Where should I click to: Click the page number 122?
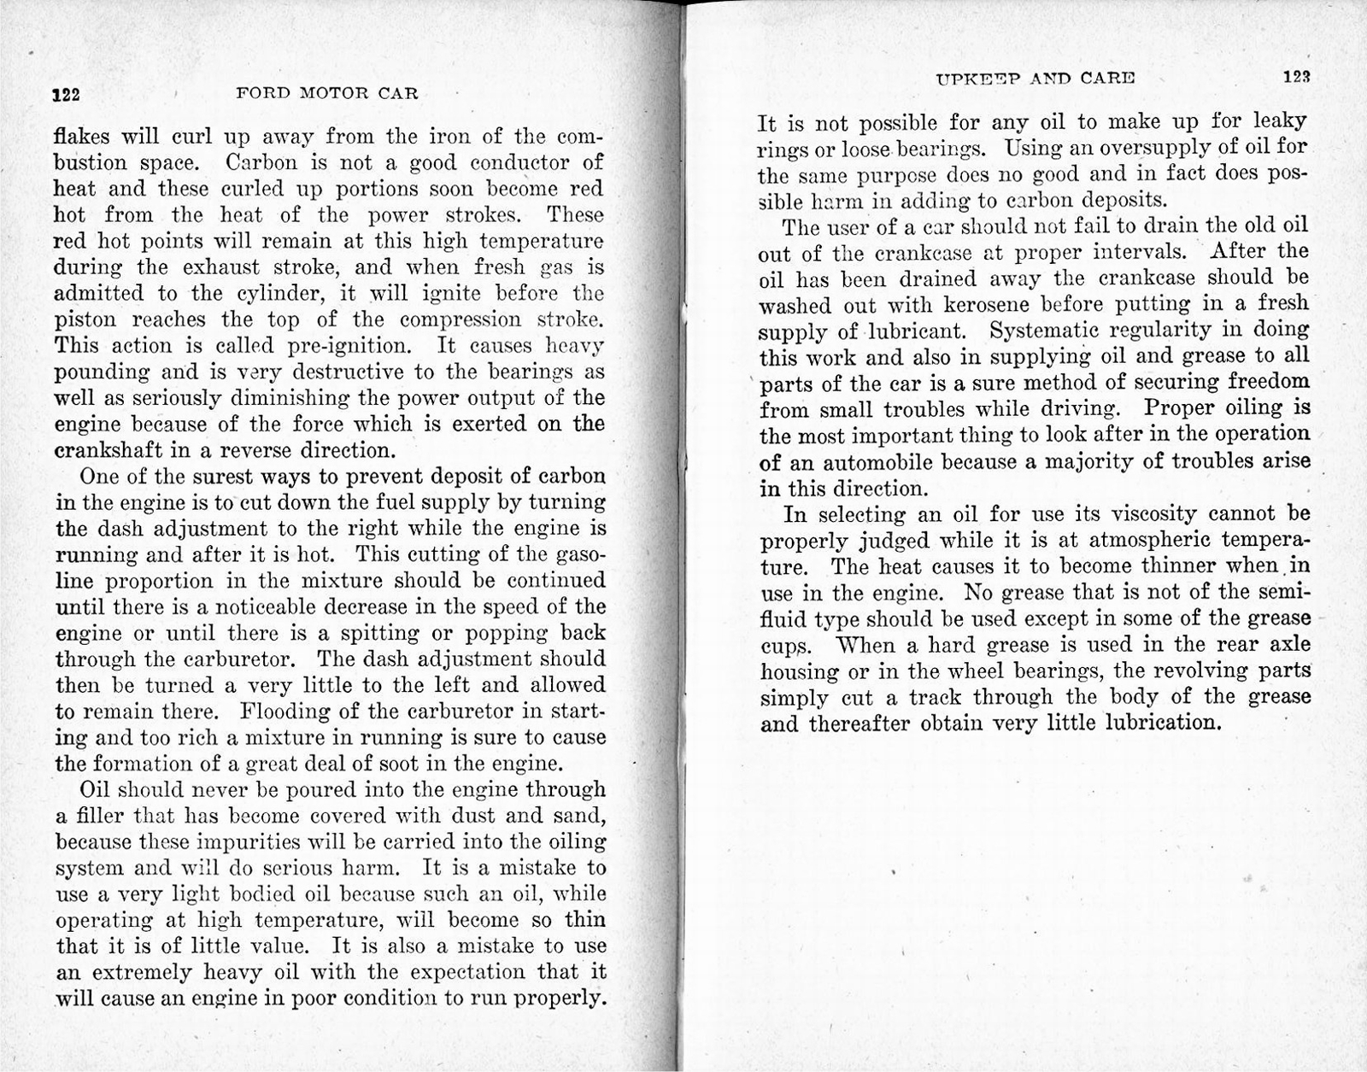pyautogui.click(x=66, y=95)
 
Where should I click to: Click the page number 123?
pyautogui.click(x=1296, y=76)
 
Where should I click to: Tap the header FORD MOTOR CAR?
pyautogui.click(x=326, y=93)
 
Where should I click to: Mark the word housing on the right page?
pyautogui.click(x=799, y=671)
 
